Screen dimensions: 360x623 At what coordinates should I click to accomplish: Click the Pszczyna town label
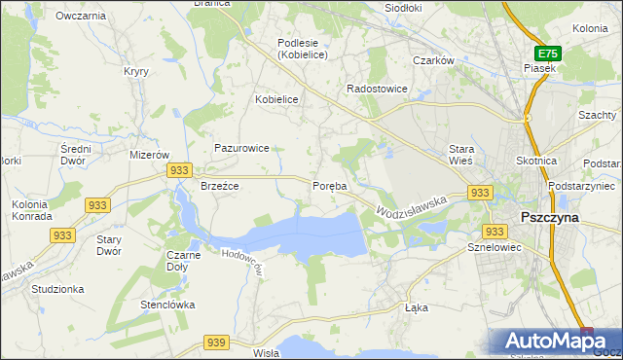click(550, 218)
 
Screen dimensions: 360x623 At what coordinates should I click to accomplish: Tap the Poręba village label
click(329, 186)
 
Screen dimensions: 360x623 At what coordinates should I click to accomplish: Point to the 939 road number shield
click(216, 342)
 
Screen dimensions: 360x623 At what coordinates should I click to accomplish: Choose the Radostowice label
click(378, 89)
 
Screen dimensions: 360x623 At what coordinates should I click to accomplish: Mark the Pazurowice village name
click(242, 149)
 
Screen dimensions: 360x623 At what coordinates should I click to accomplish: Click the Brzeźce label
click(220, 185)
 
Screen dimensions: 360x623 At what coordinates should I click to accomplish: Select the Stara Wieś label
click(460, 155)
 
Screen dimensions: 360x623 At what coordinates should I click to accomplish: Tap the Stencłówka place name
click(167, 305)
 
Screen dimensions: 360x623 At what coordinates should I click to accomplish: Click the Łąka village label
click(416, 307)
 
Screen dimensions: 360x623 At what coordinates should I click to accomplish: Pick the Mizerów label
click(150, 155)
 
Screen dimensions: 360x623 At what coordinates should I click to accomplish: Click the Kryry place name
click(135, 71)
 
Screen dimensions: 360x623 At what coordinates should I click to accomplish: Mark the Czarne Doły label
click(183, 260)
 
